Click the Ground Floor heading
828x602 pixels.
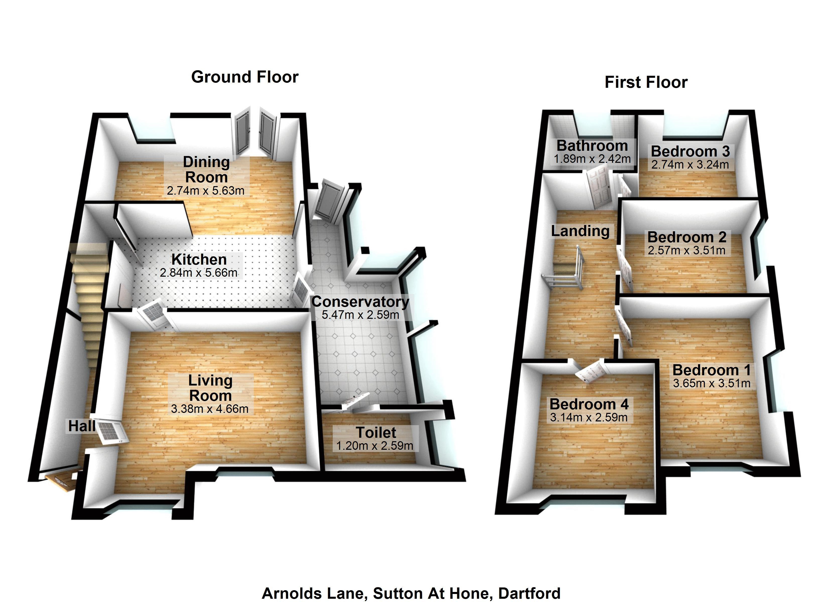click(x=245, y=77)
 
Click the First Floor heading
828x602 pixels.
click(x=646, y=82)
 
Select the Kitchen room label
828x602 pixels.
click(x=199, y=260)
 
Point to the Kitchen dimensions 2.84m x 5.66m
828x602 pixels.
click(x=199, y=273)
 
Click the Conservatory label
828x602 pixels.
click(x=360, y=302)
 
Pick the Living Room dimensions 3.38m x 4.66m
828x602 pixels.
click(x=210, y=409)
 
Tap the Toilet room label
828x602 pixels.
click(x=376, y=433)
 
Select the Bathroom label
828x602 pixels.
click(x=592, y=146)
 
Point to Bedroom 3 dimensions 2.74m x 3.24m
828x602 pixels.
click(x=690, y=165)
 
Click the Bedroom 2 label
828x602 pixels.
click(x=687, y=237)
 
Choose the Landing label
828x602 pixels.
click(x=580, y=231)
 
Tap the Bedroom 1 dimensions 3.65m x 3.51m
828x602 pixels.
click(x=712, y=383)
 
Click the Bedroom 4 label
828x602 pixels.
click(x=589, y=404)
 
